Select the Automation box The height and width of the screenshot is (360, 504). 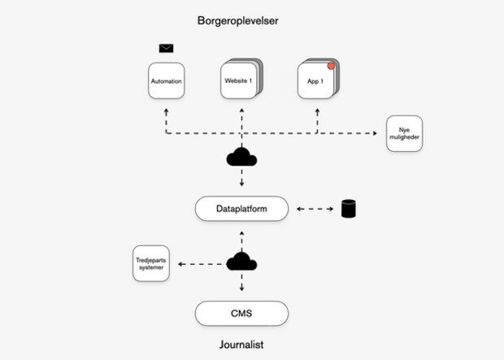click(x=166, y=82)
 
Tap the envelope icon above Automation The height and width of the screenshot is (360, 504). click(x=166, y=48)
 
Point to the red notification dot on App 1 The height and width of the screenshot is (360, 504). click(x=332, y=66)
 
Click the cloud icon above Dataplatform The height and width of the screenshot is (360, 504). click(x=241, y=158)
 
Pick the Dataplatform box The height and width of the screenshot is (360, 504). click(x=241, y=209)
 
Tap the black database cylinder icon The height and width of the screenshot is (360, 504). click(x=349, y=209)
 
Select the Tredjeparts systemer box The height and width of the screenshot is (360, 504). click(x=151, y=263)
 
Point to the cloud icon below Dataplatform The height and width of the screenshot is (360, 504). click(x=241, y=262)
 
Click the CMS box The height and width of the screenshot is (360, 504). click(x=241, y=313)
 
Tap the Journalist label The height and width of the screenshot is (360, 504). click(x=241, y=345)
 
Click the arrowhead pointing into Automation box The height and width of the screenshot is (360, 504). click(x=166, y=108)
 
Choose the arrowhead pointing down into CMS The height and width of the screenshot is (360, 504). click(x=241, y=291)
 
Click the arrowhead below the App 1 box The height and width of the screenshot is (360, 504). click(x=316, y=108)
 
